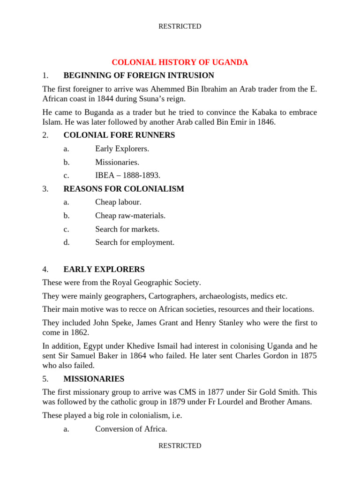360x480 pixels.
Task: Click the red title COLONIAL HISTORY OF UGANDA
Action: [180, 62]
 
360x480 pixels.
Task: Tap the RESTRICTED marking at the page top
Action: [180, 27]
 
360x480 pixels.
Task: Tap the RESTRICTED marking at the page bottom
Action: [180, 446]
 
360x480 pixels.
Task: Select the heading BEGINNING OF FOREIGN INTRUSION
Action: [139, 75]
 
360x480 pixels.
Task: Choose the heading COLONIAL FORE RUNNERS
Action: [119, 135]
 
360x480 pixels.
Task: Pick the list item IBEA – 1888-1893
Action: [127, 175]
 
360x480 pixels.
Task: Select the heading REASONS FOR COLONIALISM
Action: [124, 189]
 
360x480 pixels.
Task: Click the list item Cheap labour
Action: [118, 202]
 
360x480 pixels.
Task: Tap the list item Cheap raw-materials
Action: [130, 216]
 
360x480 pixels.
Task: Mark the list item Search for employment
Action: [135, 242]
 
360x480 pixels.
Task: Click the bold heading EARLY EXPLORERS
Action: [104, 270]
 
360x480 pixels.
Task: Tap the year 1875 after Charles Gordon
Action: [308, 356]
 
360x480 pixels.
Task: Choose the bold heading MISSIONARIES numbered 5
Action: [94, 379]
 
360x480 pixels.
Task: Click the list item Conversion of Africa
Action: [131, 429]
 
